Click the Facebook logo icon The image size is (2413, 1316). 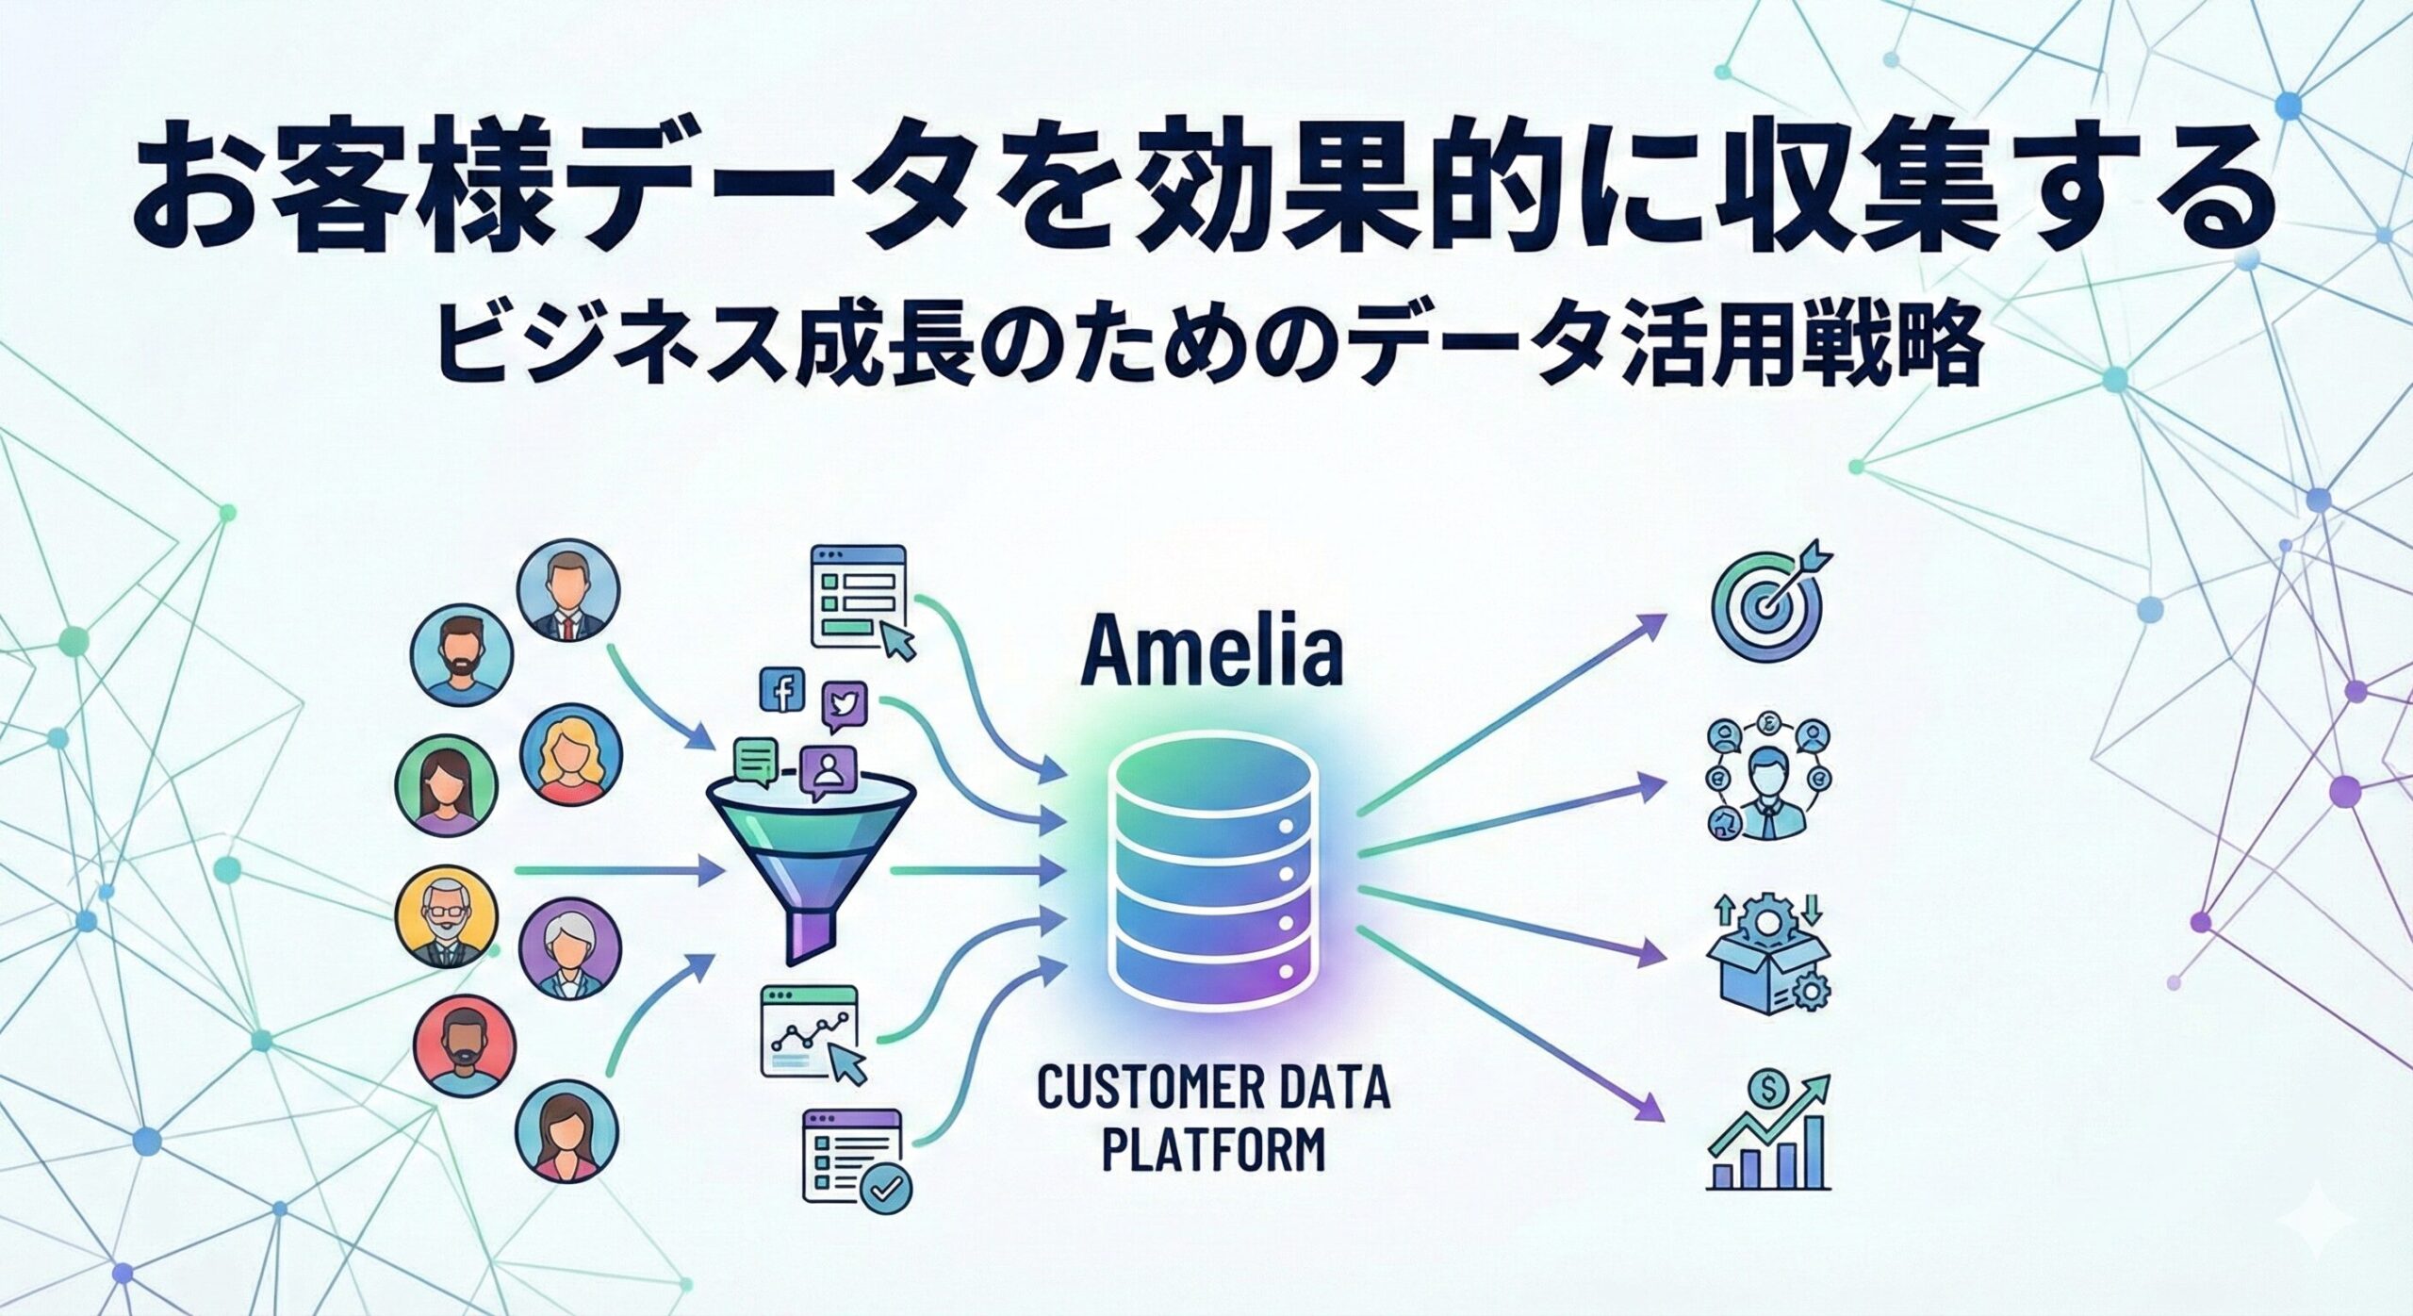click(781, 691)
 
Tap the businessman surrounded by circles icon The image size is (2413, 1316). click(1765, 780)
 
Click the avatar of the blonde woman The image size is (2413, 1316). click(570, 757)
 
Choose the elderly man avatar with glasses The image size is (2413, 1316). click(447, 917)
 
